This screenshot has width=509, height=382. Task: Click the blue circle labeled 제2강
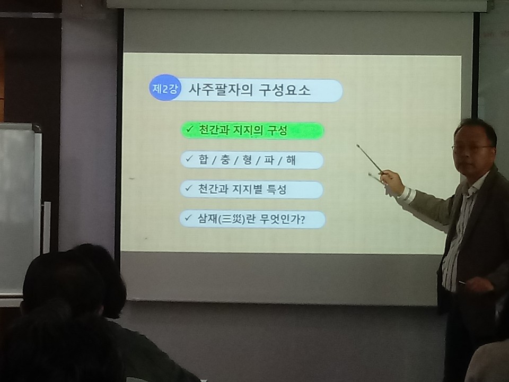coord(165,88)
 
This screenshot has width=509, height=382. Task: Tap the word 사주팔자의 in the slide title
coord(220,89)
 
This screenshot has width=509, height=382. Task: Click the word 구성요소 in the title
coord(285,90)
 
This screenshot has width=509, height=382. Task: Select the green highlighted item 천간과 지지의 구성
coord(252,131)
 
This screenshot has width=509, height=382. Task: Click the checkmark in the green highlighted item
coord(190,129)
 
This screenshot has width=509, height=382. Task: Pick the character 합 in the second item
coord(203,160)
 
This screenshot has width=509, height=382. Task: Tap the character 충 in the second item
coord(225,160)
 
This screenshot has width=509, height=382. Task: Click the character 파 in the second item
coord(269,160)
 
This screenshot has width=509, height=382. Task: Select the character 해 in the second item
coord(291,160)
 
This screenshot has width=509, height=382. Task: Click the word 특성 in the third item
coord(277,189)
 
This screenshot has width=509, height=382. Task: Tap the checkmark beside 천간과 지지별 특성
coord(189,188)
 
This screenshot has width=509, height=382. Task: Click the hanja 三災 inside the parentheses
coord(232,220)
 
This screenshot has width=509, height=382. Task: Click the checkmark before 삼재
coord(188,218)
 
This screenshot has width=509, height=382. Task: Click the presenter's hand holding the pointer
coord(392,181)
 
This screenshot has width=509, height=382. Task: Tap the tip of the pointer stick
coord(357,145)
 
